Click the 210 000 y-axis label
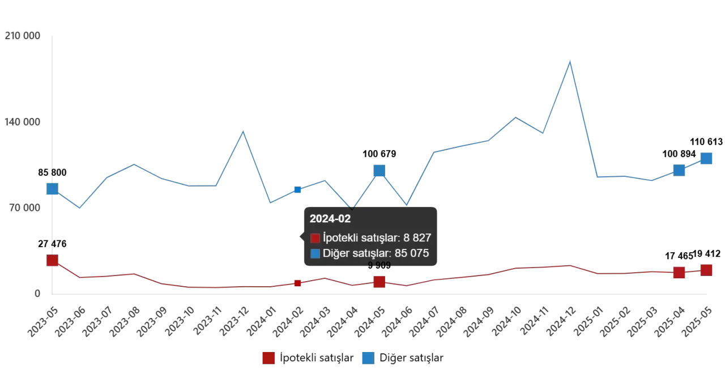22,36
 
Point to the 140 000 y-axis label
22,122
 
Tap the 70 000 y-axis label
24,208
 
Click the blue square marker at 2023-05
52,189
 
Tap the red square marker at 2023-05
52,260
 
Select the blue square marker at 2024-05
379,171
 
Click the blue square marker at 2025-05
706,159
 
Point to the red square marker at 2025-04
679,273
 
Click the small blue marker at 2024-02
297,189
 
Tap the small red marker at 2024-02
297,283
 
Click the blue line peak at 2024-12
570,61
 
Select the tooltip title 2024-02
330,219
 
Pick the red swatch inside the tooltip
315,238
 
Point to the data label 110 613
706,142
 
